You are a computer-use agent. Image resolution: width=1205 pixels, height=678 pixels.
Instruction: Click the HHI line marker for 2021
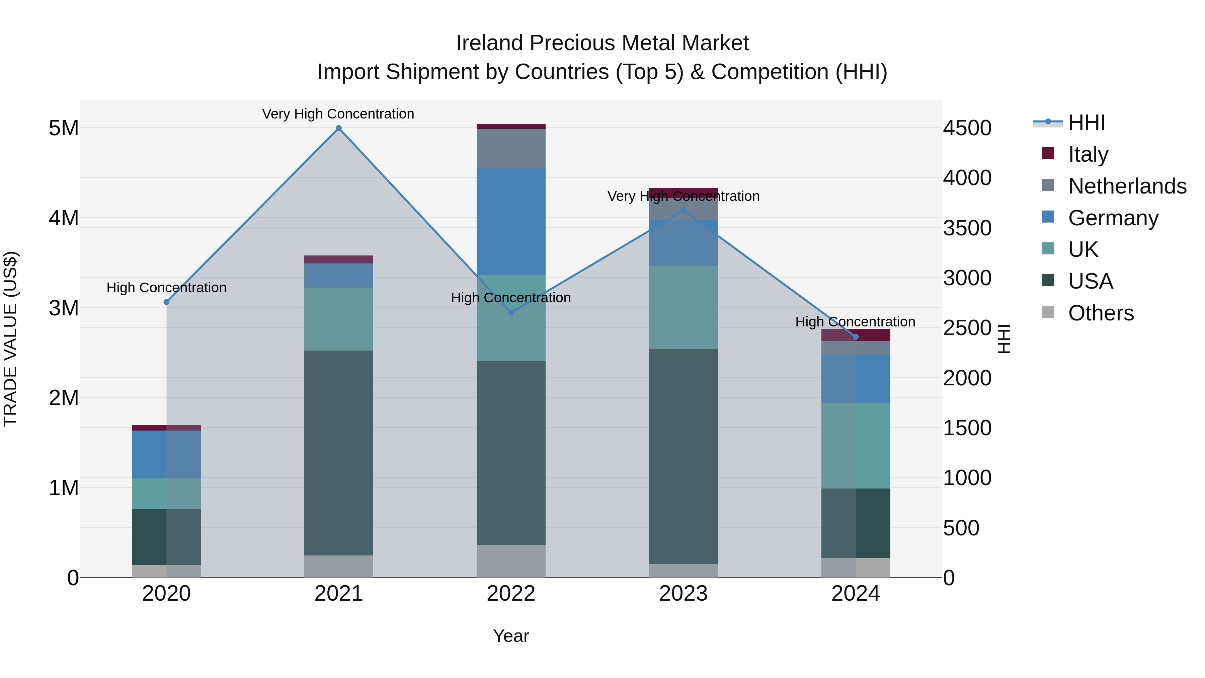pos(339,128)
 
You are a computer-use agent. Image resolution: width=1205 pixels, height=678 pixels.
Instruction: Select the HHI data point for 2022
pos(511,313)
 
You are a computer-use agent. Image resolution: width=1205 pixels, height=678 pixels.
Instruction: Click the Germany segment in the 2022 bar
pos(511,222)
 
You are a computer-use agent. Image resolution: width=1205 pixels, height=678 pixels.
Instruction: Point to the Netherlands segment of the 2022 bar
pos(511,149)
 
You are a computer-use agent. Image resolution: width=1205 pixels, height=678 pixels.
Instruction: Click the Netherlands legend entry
pos(1127,186)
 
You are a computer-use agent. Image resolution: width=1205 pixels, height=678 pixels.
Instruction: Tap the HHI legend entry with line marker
pos(1086,122)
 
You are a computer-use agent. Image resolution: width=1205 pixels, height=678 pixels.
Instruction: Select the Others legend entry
pos(1100,313)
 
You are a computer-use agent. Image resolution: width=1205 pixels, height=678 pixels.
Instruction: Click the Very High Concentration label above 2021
pos(338,114)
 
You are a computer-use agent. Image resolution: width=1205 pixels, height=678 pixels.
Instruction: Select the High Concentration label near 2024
pos(855,321)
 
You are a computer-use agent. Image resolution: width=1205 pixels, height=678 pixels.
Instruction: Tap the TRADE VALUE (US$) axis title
pos(10,339)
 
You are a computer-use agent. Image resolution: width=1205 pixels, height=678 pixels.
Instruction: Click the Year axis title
pos(511,636)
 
